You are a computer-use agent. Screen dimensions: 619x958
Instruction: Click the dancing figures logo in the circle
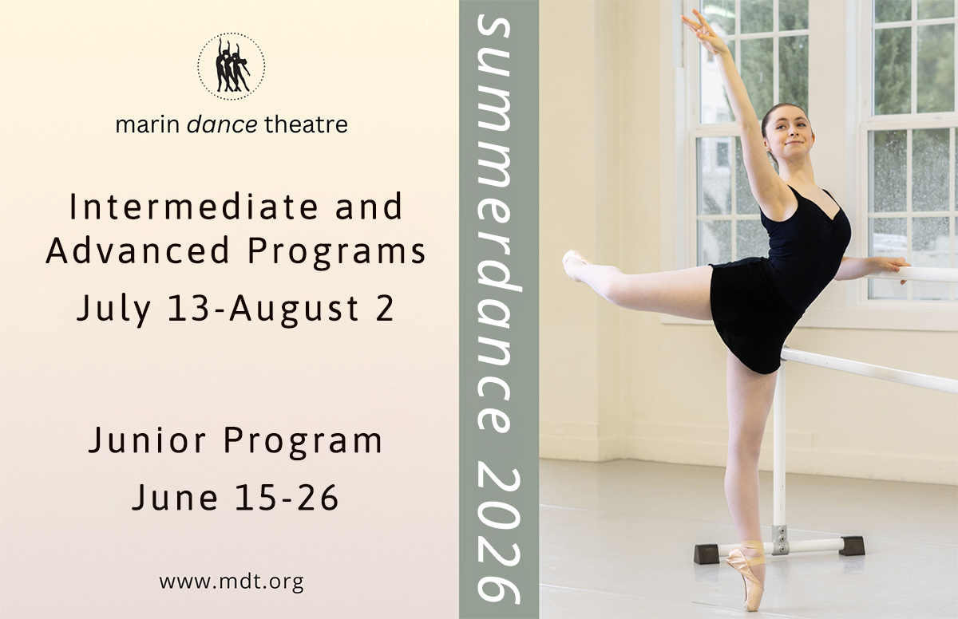pos(232,66)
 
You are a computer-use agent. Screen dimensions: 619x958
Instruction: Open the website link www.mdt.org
pos(232,581)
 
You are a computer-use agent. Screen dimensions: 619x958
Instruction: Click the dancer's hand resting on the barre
pos(888,266)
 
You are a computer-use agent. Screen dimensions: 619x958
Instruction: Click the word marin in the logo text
pos(138,124)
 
